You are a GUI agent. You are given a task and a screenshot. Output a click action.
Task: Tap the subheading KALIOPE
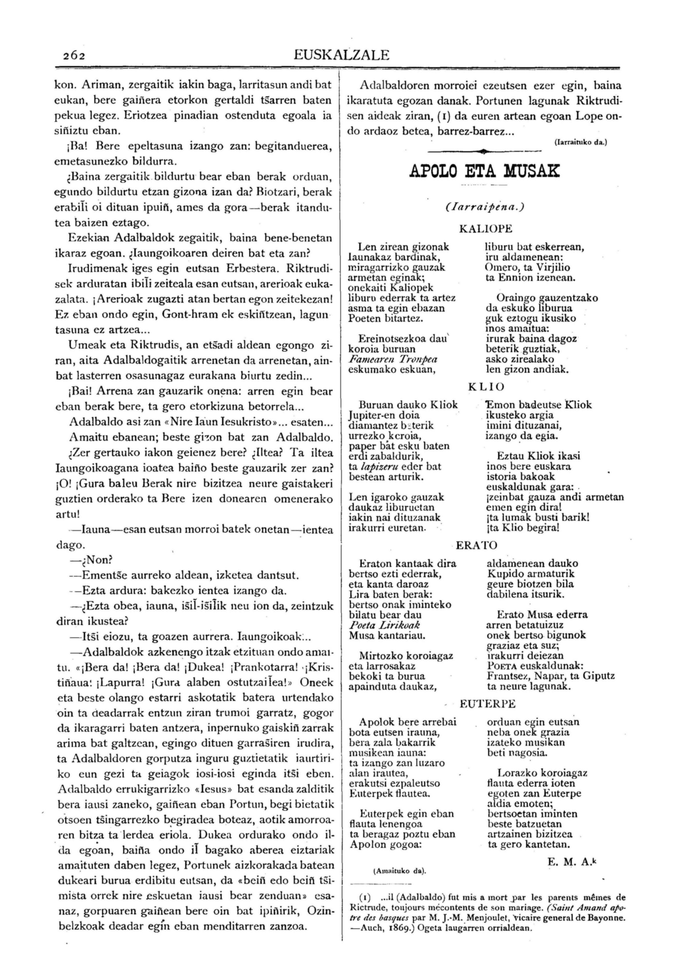[486, 229]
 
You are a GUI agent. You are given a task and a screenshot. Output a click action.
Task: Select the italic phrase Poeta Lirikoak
[384, 625]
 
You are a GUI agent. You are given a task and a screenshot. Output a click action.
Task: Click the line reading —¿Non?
[93, 560]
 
